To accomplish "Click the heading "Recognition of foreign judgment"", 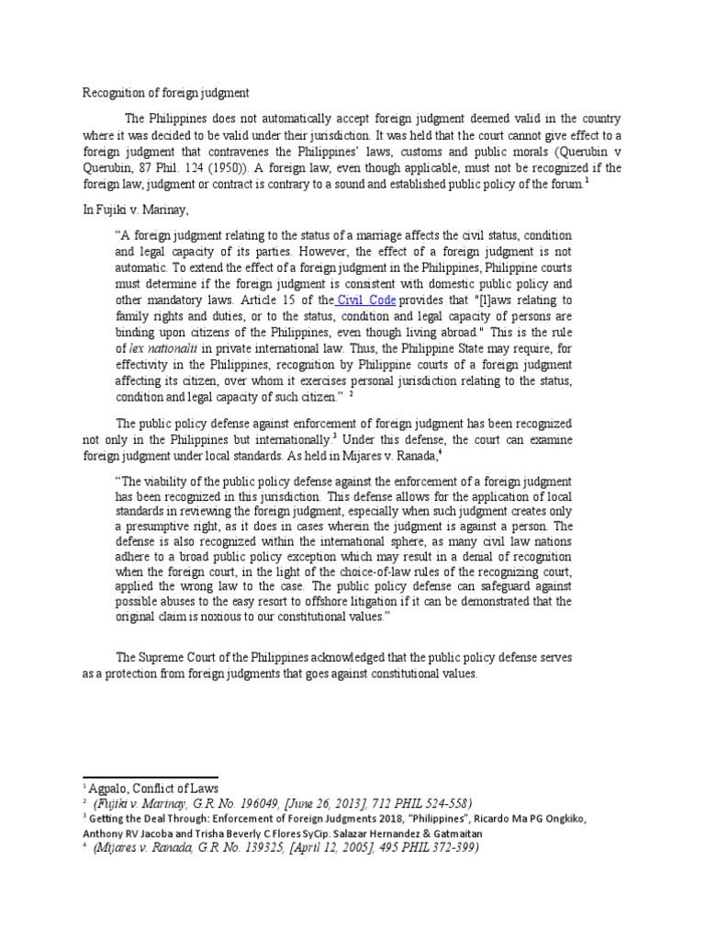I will pyautogui.click(x=166, y=93).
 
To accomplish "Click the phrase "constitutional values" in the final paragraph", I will pyautogui.click(x=413, y=674).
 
